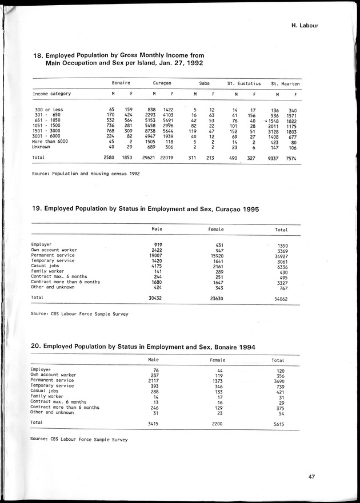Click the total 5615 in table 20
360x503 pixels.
[x=278, y=424]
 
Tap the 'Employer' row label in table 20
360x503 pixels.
[x=41, y=369]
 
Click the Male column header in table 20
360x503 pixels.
[x=153, y=360]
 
